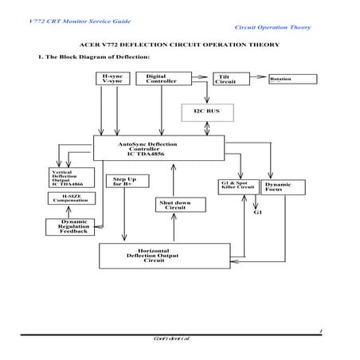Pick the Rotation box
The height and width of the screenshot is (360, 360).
[x=288, y=80]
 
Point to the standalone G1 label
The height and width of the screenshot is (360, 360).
[x=258, y=213]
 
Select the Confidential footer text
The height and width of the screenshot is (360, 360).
[x=170, y=338]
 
